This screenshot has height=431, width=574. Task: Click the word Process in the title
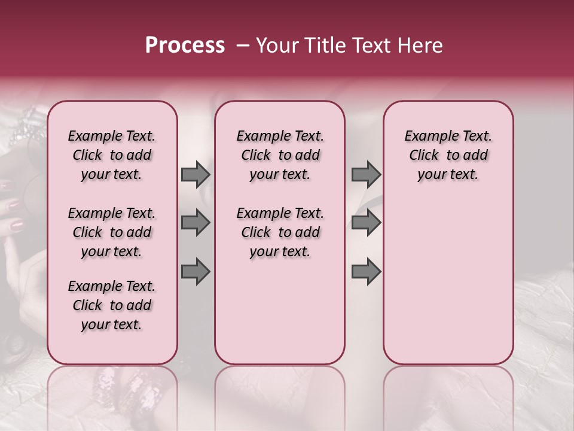point(185,45)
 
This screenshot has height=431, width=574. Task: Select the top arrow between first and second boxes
point(196,174)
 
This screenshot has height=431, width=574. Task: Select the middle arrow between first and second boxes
point(196,223)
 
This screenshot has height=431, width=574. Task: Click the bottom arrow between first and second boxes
point(196,271)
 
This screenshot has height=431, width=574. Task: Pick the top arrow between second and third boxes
point(366,174)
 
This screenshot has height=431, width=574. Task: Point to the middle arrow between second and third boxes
point(366,223)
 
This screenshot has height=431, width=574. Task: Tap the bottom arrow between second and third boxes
point(366,271)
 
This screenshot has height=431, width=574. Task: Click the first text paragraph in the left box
point(112,155)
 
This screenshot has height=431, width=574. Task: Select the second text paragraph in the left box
point(112,232)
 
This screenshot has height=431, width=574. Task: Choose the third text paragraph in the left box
point(112,305)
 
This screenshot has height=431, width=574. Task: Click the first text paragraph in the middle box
point(280,155)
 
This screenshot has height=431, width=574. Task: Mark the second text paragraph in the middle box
point(280,232)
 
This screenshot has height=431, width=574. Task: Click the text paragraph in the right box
point(448,155)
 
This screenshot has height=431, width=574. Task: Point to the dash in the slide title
point(242,46)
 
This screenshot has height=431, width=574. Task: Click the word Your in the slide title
point(273,45)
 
